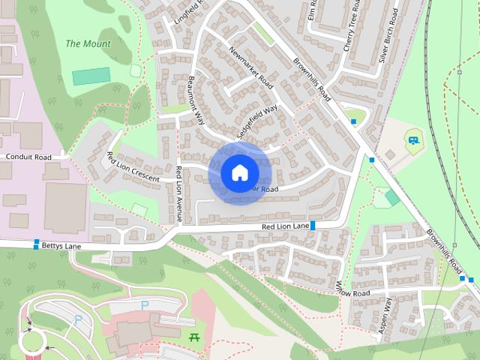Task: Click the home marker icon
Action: coord(239,172)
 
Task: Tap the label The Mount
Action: coord(88,43)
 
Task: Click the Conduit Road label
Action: coord(28,157)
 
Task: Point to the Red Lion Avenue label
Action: coord(178,193)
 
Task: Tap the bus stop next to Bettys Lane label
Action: coord(36,243)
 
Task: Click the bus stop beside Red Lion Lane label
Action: coord(313,225)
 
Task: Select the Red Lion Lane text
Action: coord(285,226)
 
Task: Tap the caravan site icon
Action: coord(412,138)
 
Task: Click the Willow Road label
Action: coord(353,289)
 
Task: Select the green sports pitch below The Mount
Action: coord(91,76)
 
